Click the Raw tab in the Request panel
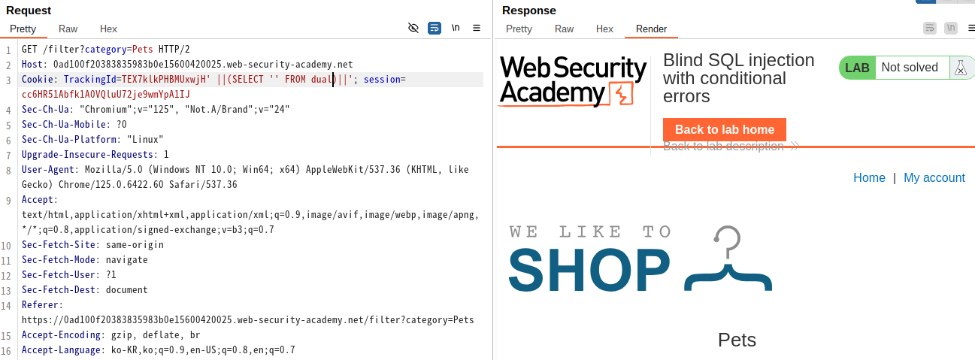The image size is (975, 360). click(68, 29)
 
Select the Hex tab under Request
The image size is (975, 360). click(108, 29)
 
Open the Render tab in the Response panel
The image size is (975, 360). click(651, 29)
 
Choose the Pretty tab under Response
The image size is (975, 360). click(519, 29)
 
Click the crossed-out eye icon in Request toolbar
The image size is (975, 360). click(413, 29)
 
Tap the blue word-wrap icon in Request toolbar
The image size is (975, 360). click(435, 29)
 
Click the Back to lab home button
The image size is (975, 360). click(725, 130)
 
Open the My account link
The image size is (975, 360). click(934, 177)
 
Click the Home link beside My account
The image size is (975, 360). click(869, 177)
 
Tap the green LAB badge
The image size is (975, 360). click(857, 68)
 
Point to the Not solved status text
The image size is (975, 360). click(910, 68)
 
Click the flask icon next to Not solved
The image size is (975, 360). click(961, 68)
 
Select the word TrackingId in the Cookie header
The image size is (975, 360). click(89, 80)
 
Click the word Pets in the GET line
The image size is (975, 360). click(143, 49)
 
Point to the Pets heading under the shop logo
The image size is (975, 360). click(737, 340)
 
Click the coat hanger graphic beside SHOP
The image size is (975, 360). click(728, 258)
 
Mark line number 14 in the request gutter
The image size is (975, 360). click(6, 306)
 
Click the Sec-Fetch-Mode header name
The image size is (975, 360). click(59, 260)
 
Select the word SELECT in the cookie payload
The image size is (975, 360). click(247, 80)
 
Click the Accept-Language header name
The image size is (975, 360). click(61, 350)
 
